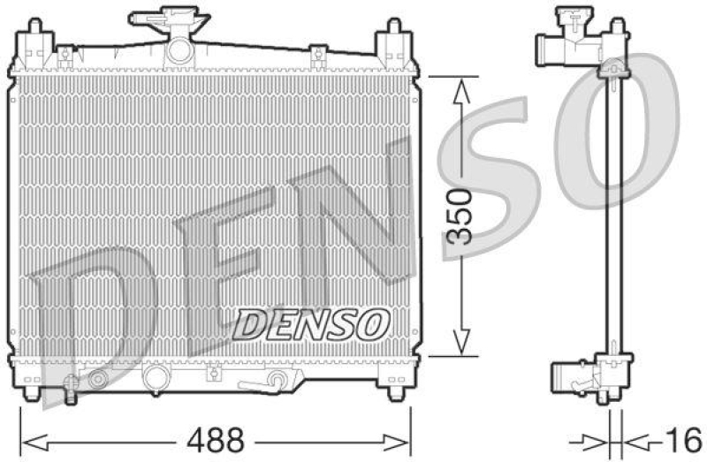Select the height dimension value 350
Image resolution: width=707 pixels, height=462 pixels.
(x=460, y=215)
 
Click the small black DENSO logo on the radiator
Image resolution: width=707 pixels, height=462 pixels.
(x=312, y=323)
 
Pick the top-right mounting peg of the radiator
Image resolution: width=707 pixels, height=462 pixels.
(x=390, y=41)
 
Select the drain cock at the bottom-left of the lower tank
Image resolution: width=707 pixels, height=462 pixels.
(x=97, y=380)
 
